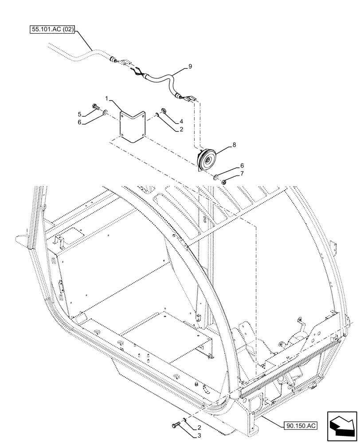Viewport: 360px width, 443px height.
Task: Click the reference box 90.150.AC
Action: tap(300, 426)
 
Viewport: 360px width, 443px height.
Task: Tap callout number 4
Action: tap(181, 121)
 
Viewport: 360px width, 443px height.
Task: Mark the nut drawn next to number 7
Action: tap(224, 182)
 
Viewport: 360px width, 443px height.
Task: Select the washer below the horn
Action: tap(215, 178)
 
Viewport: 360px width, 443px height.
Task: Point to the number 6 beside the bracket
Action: tap(80, 124)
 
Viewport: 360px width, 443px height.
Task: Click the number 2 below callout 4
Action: tap(181, 130)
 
